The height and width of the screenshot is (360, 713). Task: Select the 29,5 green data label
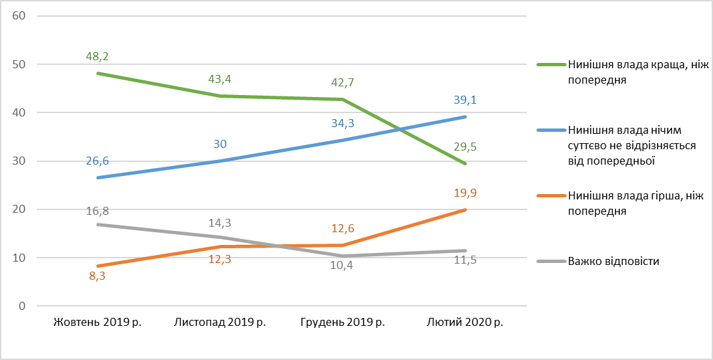tap(465, 147)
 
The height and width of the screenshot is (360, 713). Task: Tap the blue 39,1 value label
tap(465, 100)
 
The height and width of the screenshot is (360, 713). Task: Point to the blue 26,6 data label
tap(98, 161)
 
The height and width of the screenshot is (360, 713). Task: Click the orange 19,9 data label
tap(465, 193)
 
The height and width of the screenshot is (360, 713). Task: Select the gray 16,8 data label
tap(98, 211)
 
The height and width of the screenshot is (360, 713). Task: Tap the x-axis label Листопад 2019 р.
tap(220, 323)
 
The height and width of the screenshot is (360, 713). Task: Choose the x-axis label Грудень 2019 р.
tap(342, 323)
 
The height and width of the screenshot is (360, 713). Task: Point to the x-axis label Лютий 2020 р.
tap(465, 323)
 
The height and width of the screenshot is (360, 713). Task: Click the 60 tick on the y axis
tap(19, 16)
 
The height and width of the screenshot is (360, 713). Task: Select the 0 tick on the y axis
tap(21, 306)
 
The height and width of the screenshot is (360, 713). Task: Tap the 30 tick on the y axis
tap(19, 161)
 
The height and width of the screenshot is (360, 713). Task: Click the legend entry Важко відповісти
tap(613, 261)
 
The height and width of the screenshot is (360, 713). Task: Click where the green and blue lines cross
tap(400, 129)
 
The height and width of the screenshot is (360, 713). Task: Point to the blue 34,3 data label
tap(342, 124)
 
